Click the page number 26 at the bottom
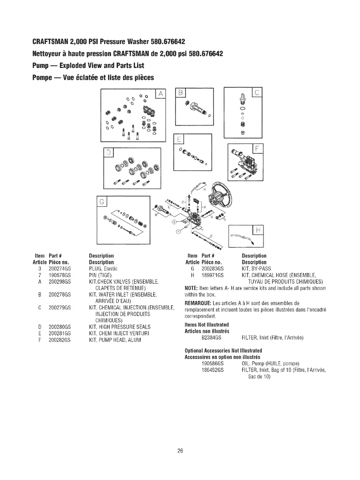[x=180, y=451]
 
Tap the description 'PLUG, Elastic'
[x=102, y=269]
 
